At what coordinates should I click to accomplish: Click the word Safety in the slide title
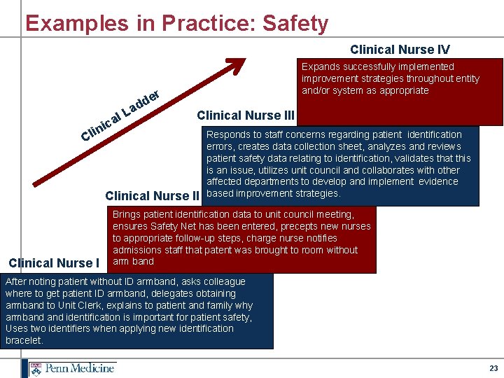[295, 23]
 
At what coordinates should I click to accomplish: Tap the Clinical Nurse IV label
[400, 49]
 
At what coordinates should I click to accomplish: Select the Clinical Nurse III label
[246, 115]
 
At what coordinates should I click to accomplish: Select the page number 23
[493, 368]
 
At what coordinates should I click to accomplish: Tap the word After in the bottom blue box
[16, 281]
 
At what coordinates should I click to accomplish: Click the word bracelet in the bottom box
[23, 340]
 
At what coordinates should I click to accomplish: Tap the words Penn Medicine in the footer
[80, 368]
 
